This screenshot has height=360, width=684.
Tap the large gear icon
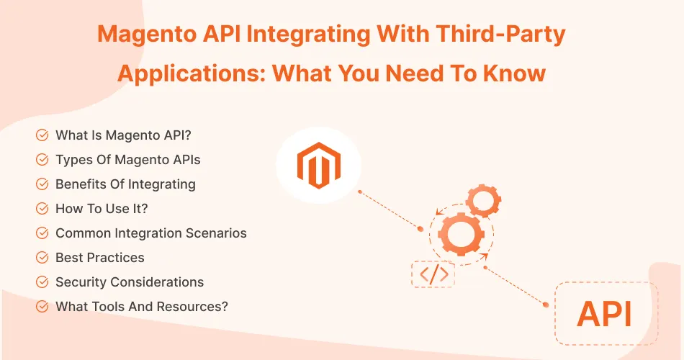tap(461, 232)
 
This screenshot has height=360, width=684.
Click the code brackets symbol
tap(434, 274)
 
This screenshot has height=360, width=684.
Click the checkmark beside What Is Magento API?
tap(42, 135)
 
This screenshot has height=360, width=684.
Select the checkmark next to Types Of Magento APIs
tap(42, 160)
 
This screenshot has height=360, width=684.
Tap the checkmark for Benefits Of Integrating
tap(42, 184)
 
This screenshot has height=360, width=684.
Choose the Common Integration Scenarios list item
tap(150, 233)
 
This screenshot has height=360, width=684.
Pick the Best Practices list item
tap(99, 258)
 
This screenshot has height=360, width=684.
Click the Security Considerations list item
tap(130, 282)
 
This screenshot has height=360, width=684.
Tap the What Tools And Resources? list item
tap(142, 307)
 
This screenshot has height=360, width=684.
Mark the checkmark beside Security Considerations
tap(42, 282)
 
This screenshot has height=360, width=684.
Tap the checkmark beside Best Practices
tap(42, 258)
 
